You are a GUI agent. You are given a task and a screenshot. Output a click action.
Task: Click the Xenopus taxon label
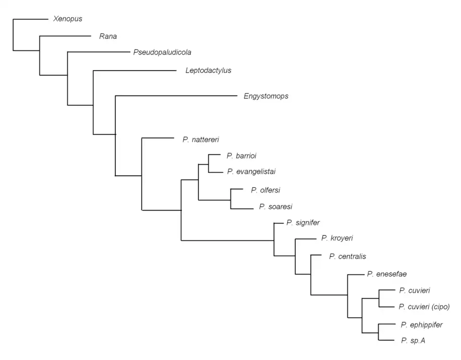[68, 19]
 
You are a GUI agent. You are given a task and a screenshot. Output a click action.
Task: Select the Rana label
[108, 36]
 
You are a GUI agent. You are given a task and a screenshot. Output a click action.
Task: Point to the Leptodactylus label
[208, 71]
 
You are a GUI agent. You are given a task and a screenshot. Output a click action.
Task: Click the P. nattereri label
[201, 140]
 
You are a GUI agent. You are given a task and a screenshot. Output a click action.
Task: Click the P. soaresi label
[276, 207]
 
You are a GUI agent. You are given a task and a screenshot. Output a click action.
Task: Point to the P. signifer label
[303, 222]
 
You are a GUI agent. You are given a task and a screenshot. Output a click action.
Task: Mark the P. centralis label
[348, 256]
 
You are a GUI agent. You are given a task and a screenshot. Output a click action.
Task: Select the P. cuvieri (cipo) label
[424, 306]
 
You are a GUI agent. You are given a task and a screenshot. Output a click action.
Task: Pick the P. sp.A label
[413, 340]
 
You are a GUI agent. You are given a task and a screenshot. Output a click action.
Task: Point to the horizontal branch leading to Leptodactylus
[134, 71]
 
